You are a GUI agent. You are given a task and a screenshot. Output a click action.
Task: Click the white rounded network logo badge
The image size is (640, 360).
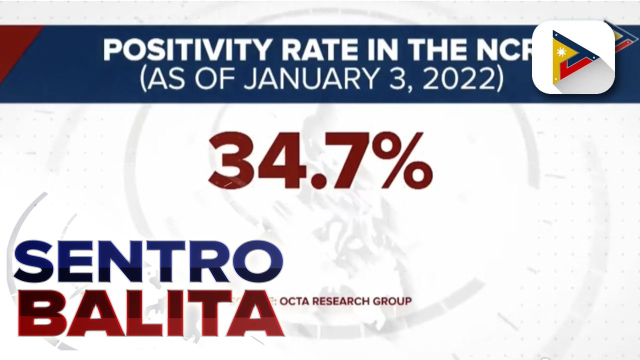573,57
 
